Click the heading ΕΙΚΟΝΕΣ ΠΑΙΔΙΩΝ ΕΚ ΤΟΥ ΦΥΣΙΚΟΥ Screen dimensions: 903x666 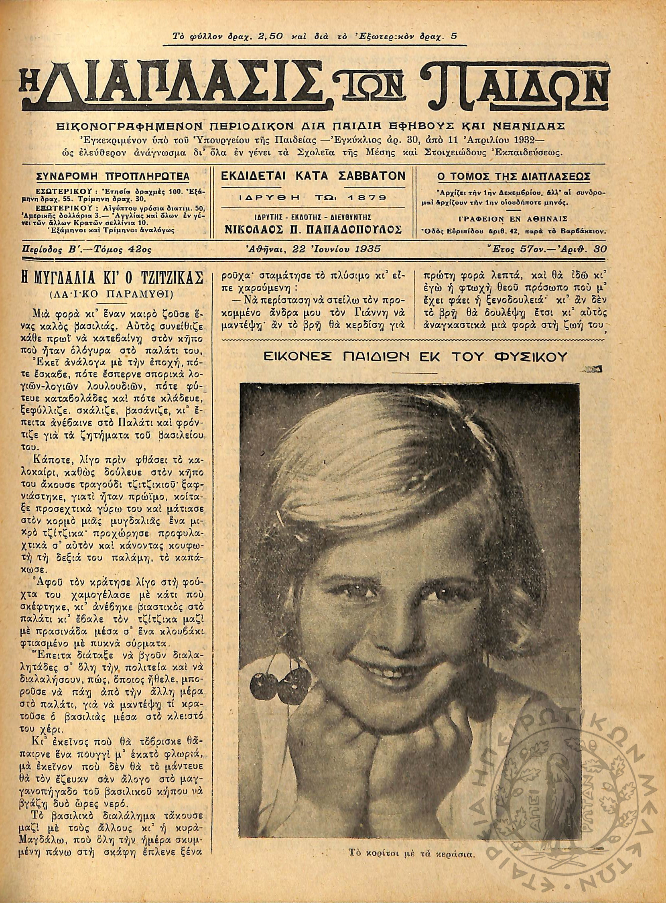[415, 356]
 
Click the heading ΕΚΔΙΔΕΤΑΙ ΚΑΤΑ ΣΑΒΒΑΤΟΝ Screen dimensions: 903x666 [313, 176]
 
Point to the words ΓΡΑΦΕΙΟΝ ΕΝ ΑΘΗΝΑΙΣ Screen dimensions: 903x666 [513, 219]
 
